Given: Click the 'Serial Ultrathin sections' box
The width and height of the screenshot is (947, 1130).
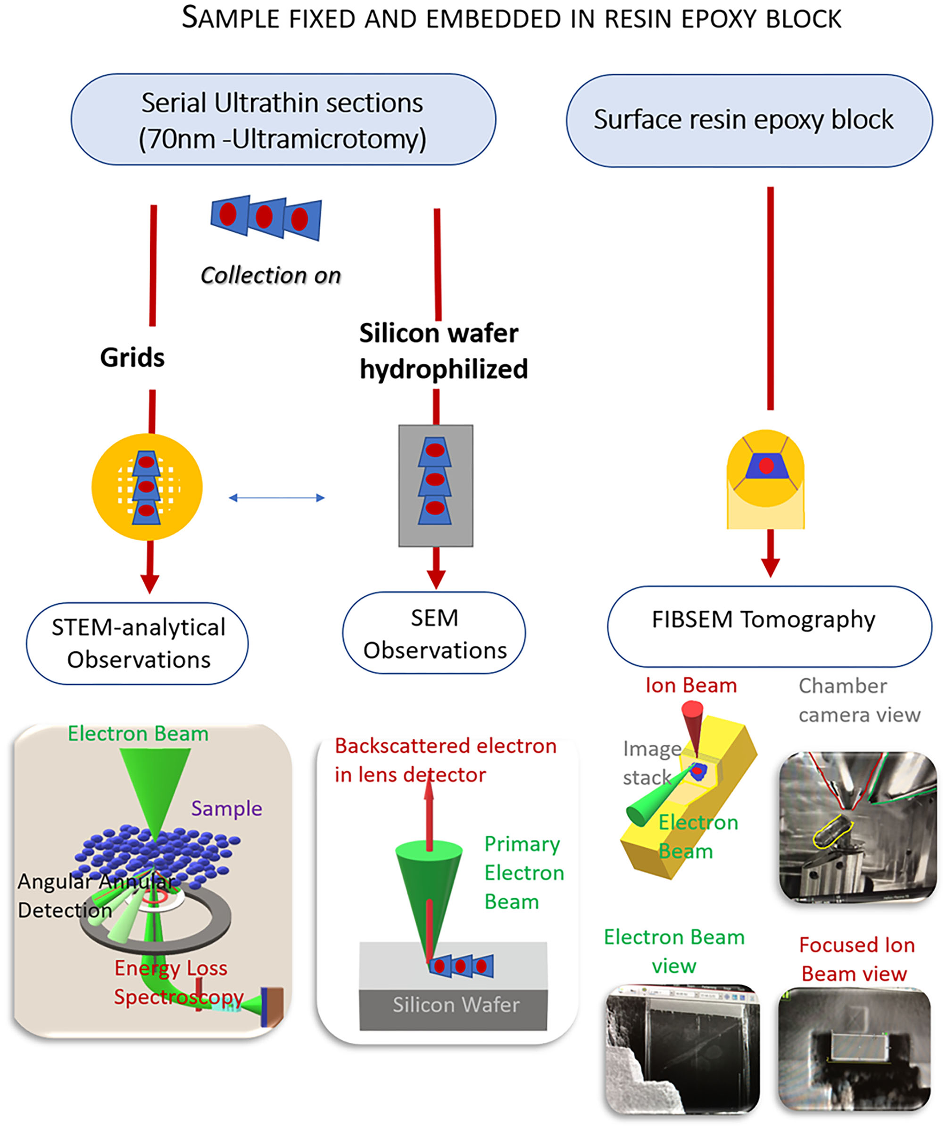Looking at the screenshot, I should pyautogui.click(x=283, y=120).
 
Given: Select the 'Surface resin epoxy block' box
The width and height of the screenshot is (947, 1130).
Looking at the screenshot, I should pyautogui.click(x=748, y=121).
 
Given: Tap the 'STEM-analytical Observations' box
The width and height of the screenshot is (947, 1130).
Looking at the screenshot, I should pyautogui.click(x=137, y=643).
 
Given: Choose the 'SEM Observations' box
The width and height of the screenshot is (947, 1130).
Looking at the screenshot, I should pyautogui.click(x=434, y=633).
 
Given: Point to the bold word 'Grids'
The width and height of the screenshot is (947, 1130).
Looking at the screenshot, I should pyautogui.click(x=132, y=358).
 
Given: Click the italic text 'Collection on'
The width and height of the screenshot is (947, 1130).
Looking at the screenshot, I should pyautogui.click(x=270, y=276).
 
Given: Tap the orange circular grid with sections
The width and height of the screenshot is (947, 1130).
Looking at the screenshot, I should pyautogui.click(x=146, y=487).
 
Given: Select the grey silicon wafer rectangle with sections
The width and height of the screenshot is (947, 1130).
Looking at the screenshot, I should pyautogui.click(x=436, y=485).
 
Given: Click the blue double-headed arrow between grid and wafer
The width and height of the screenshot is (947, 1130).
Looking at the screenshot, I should pyautogui.click(x=277, y=498).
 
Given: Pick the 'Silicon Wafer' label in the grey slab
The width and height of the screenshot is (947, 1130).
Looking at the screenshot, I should pyautogui.click(x=455, y=1004).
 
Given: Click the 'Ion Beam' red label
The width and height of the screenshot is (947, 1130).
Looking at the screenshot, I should pyautogui.click(x=690, y=685).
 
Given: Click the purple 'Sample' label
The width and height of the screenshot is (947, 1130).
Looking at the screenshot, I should pyautogui.click(x=227, y=808).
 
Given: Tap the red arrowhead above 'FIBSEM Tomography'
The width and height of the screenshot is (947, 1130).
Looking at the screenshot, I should pyautogui.click(x=771, y=567).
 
